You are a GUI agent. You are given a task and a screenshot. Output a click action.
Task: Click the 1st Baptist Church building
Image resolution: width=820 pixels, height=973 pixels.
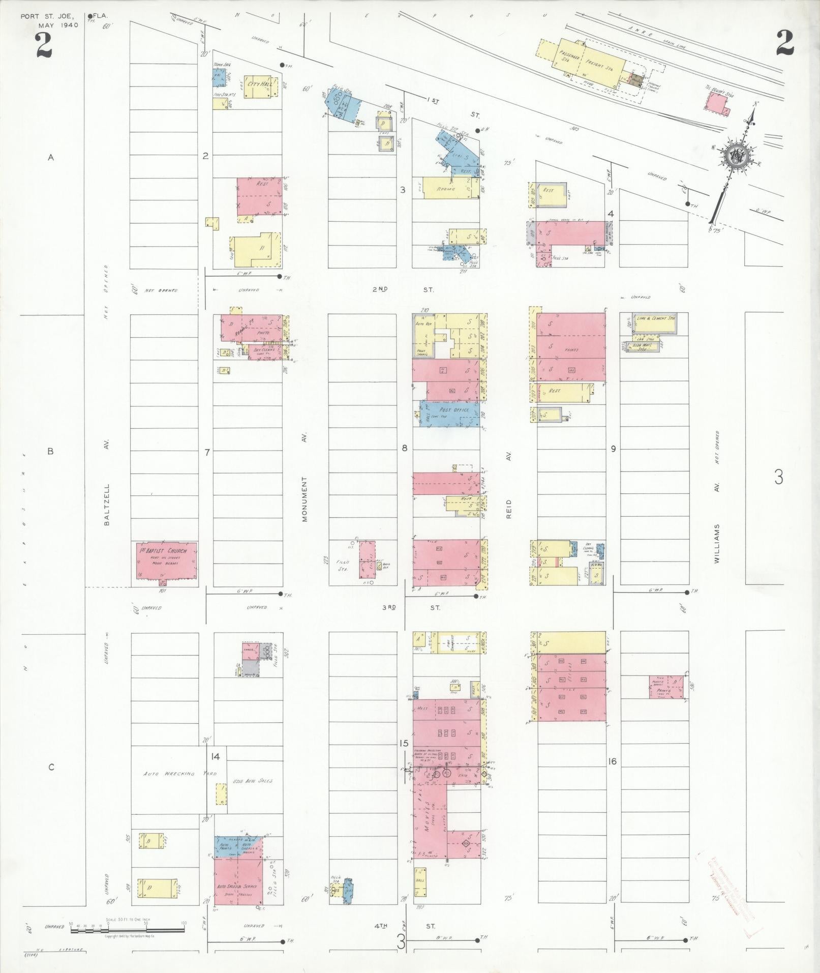pos(164,563)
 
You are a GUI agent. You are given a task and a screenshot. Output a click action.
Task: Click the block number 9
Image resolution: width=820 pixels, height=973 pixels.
pos(614,449)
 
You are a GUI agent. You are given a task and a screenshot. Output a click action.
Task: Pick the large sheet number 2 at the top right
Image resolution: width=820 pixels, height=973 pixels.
pos(784,43)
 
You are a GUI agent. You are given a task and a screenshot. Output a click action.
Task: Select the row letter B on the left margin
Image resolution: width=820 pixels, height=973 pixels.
pos(50,451)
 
